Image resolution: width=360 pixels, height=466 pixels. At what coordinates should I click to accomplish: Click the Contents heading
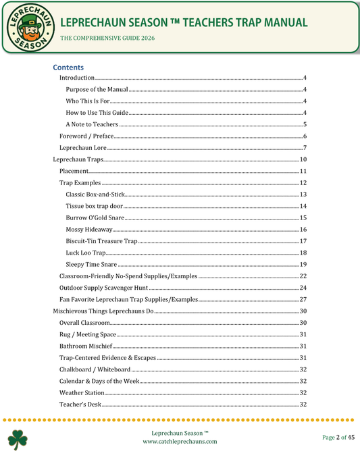click(68, 68)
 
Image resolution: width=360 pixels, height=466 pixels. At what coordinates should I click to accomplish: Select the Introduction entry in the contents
click(77, 79)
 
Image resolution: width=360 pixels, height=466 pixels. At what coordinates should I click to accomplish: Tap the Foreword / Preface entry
click(86, 136)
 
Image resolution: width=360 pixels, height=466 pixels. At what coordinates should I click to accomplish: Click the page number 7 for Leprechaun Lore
click(305, 148)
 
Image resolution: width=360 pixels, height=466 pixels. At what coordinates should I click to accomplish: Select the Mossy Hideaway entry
click(89, 230)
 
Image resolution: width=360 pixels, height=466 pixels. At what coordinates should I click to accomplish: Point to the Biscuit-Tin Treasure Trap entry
click(101, 241)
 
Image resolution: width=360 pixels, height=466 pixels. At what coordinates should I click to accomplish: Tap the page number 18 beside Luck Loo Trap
click(304, 253)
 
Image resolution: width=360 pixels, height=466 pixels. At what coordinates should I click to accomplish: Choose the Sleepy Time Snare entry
click(91, 264)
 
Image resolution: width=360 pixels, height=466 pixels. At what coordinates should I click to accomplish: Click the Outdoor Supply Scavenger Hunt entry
click(99, 288)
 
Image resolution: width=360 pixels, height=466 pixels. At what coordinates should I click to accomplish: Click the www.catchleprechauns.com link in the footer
click(180, 441)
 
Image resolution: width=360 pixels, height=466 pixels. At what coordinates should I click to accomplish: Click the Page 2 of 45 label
click(338, 438)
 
